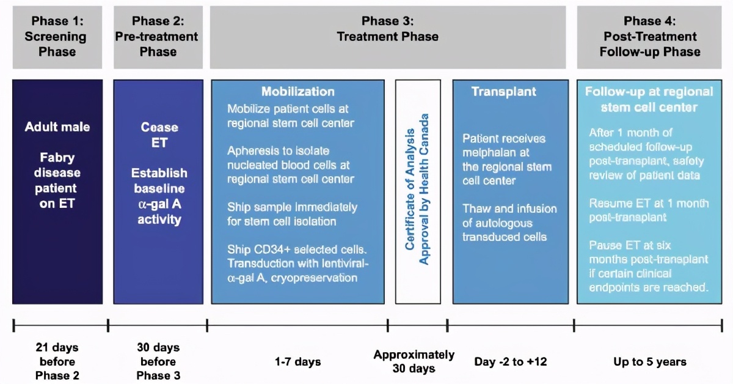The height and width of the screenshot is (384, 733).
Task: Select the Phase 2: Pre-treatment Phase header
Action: (x=158, y=37)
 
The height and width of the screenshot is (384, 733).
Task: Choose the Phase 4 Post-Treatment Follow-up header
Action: (x=650, y=37)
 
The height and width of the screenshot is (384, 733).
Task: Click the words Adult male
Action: (x=57, y=127)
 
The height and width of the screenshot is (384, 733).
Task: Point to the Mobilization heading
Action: (x=297, y=92)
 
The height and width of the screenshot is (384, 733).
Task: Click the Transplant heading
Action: (x=503, y=92)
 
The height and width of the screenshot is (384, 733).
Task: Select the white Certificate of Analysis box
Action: (x=418, y=191)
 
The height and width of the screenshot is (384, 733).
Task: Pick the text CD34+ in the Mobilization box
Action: (x=268, y=249)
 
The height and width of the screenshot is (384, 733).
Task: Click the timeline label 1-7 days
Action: (x=297, y=361)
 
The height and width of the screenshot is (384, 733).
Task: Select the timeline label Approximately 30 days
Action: (x=414, y=361)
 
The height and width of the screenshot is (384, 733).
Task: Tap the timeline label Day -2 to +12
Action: (x=511, y=361)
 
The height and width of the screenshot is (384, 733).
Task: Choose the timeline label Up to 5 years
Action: (x=650, y=361)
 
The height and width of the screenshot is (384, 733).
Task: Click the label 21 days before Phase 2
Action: (x=57, y=361)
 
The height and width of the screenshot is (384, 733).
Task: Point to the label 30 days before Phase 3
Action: (x=158, y=361)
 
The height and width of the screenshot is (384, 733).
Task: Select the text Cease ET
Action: (x=159, y=136)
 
